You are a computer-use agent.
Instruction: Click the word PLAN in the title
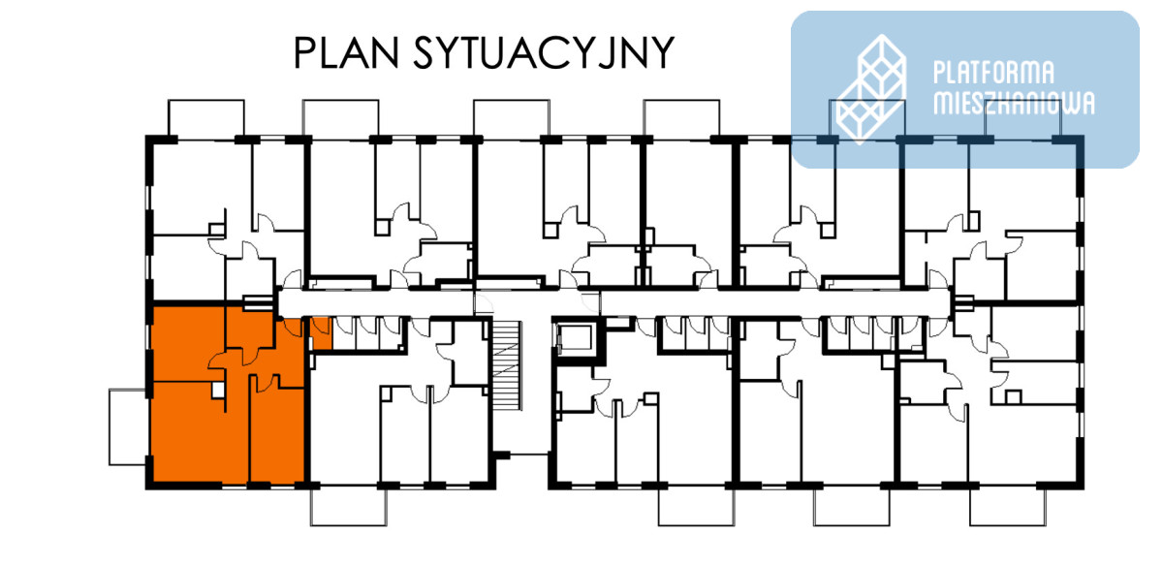click(346, 52)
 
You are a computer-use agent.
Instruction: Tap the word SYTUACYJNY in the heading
click(544, 52)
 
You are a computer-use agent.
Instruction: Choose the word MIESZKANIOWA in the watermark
click(1014, 104)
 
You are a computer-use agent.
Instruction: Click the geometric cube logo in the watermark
click(871, 89)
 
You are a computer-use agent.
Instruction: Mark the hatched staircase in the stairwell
click(506, 365)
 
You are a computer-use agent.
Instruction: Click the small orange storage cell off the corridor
click(321, 333)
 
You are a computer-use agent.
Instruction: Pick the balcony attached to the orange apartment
click(128, 427)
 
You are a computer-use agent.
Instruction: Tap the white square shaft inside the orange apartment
click(217, 390)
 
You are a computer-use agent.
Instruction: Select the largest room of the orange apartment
click(200, 432)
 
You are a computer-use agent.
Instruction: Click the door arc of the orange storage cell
click(321, 327)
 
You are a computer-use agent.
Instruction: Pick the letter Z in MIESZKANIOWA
click(987, 104)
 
